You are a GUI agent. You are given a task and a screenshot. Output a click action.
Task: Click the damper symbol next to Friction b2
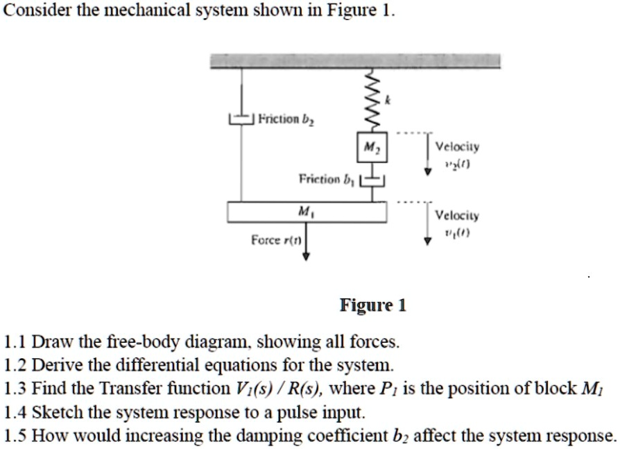tap(241, 120)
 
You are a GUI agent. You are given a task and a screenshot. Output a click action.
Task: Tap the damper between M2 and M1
tap(375, 179)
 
